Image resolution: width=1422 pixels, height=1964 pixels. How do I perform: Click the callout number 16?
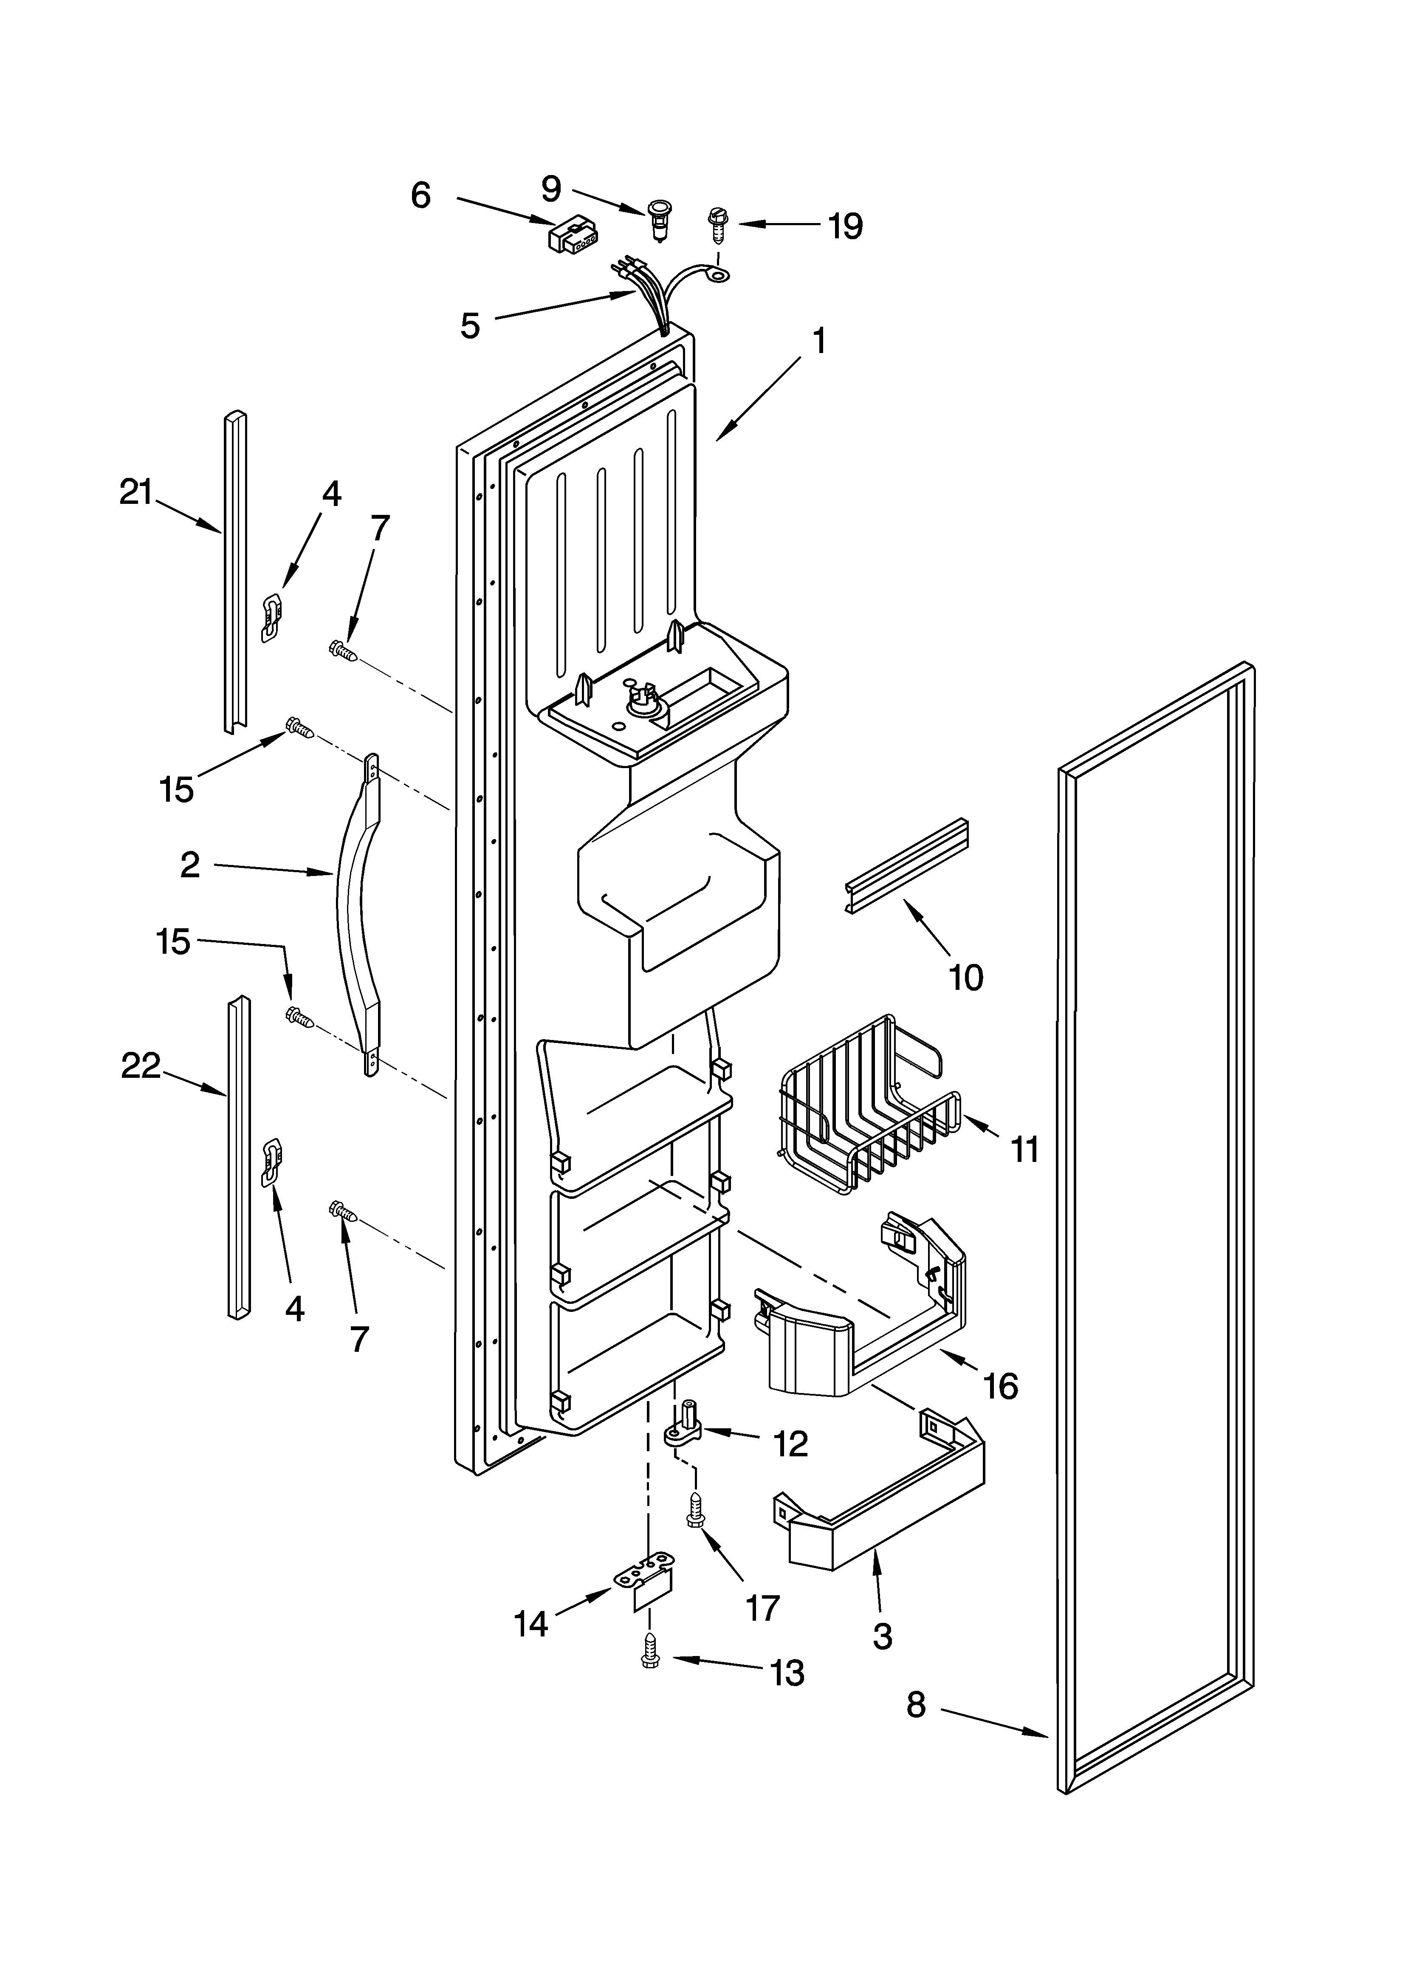pyautogui.click(x=1000, y=1385)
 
